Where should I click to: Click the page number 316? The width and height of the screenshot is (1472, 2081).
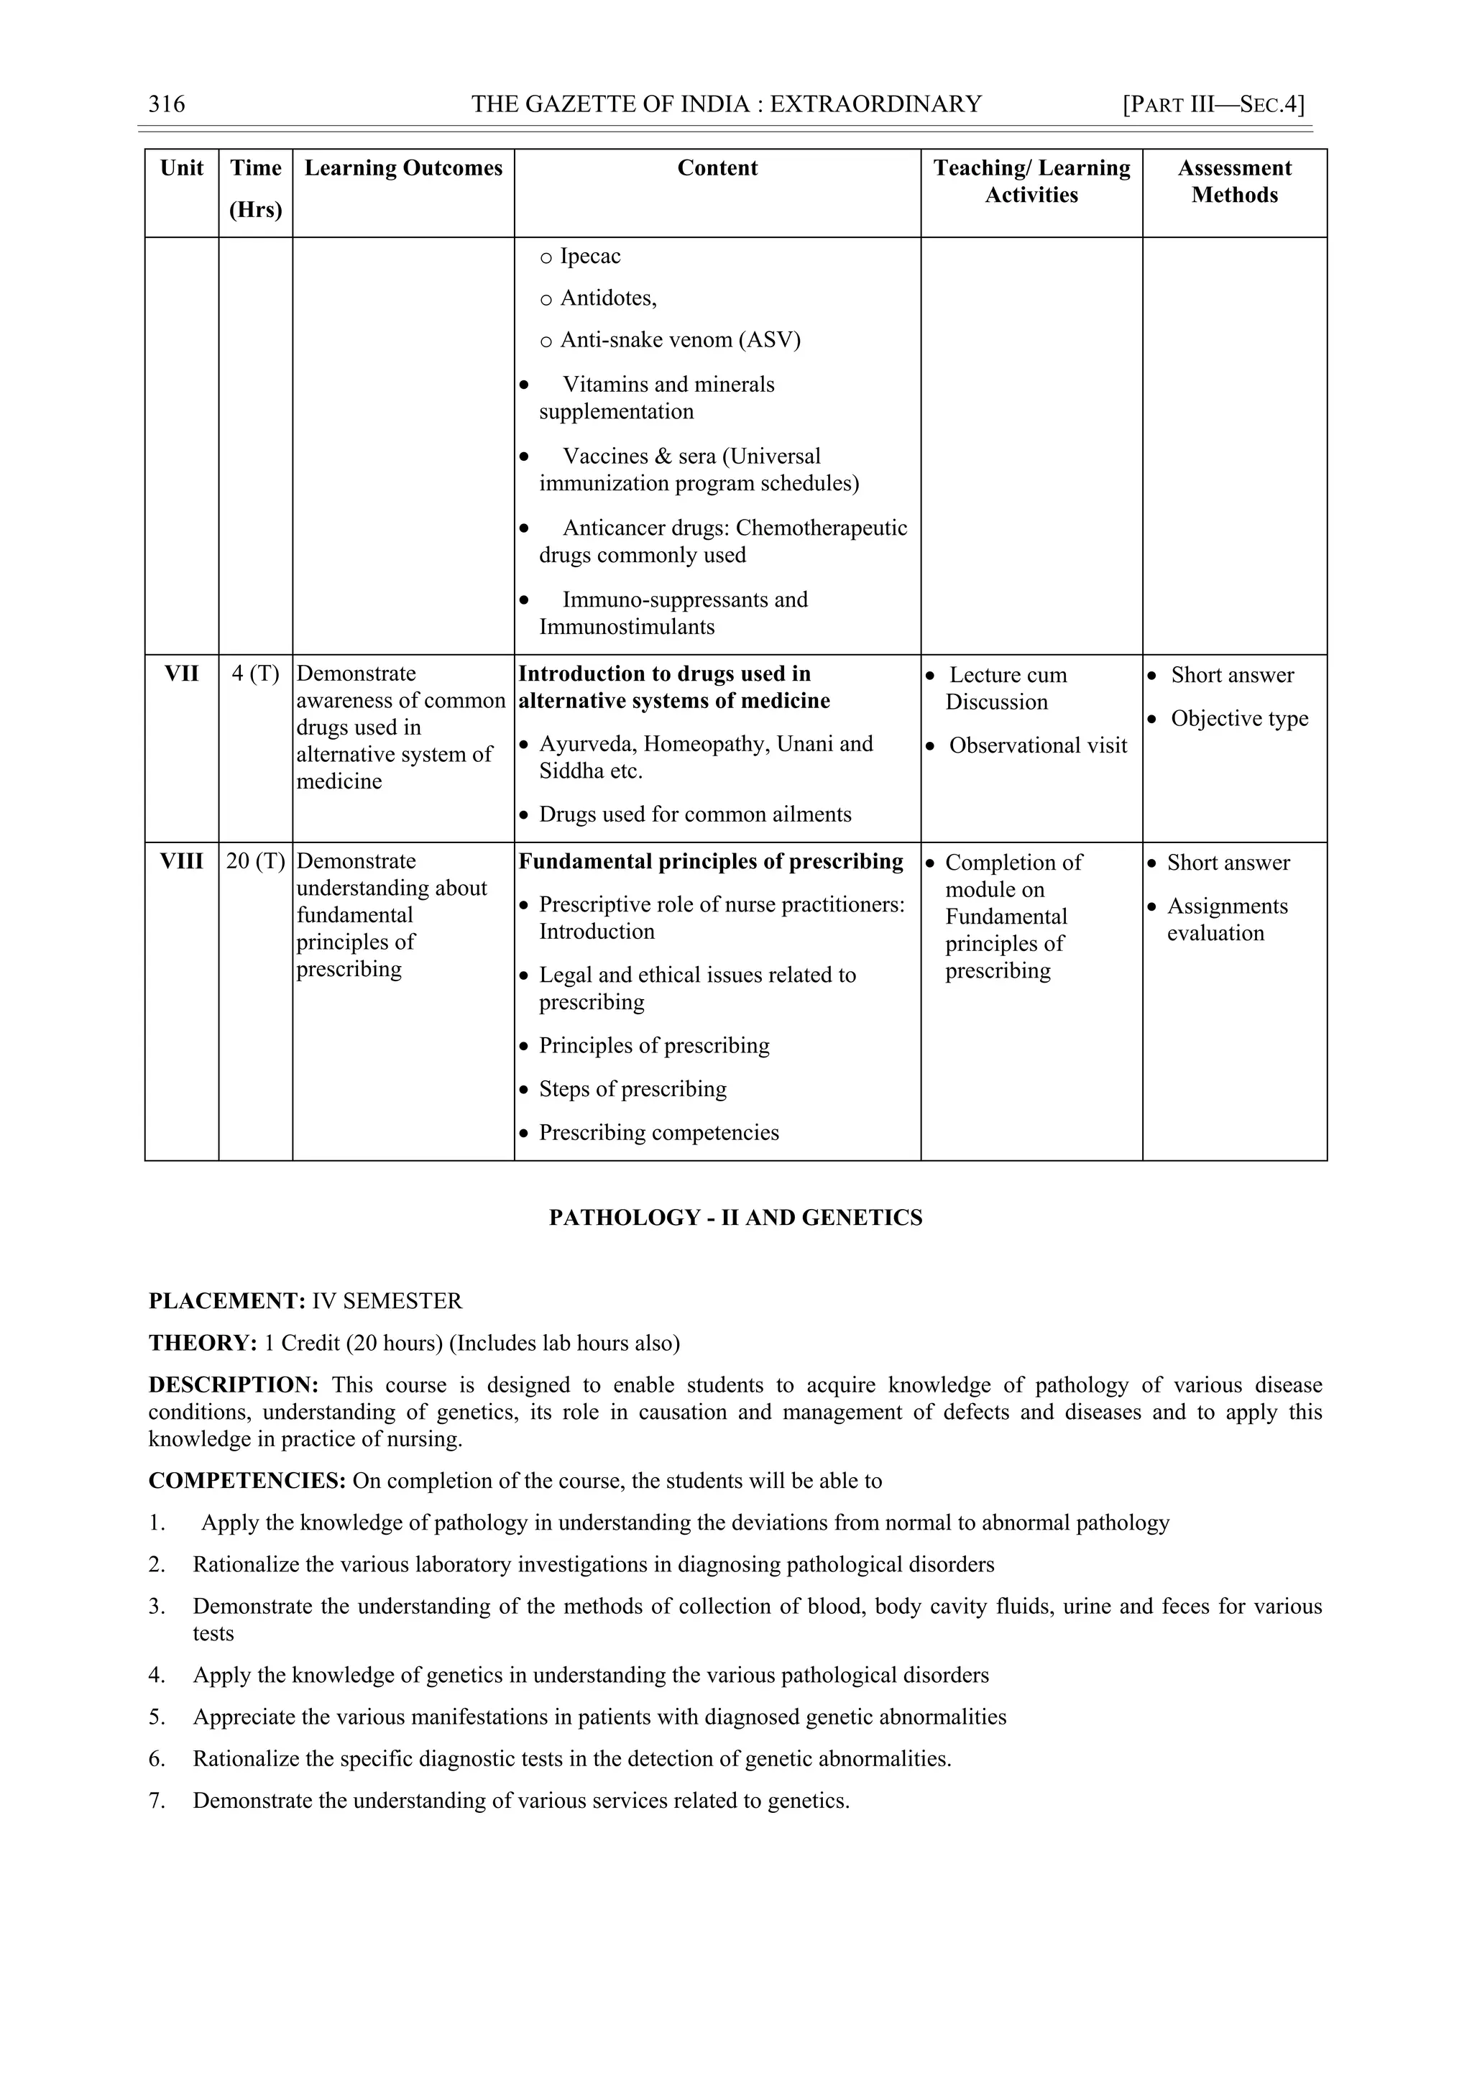pyautogui.click(x=167, y=104)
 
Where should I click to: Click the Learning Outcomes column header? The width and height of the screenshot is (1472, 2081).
pyautogui.click(x=402, y=169)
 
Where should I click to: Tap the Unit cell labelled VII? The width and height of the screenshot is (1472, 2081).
pyautogui.click(x=181, y=674)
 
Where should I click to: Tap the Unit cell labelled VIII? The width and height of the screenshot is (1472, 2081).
pyautogui.click(x=181, y=862)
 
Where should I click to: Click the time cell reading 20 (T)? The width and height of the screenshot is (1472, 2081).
pyautogui.click(x=256, y=862)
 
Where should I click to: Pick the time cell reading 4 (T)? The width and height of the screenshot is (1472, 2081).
pyautogui.click(x=256, y=674)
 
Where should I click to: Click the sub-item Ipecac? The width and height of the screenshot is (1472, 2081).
pyautogui.click(x=589, y=257)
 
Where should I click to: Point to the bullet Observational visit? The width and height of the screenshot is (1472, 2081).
pyautogui.click(x=1037, y=746)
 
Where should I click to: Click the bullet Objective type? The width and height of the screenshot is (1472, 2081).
pyautogui.click(x=1238, y=719)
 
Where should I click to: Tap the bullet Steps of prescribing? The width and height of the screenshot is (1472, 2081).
pyautogui.click(x=632, y=1090)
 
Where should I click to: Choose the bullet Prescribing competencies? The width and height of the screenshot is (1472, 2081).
pyautogui.click(x=658, y=1133)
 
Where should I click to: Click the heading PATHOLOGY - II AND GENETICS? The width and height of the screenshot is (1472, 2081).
pyautogui.click(x=735, y=1218)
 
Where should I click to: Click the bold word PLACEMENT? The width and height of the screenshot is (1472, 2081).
pyautogui.click(x=226, y=1302)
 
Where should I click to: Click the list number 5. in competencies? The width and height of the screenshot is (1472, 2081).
pyautogui.click(x=157, y=1717)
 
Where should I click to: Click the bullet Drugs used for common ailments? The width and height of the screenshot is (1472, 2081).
pyautogui.click(x=694, y=815)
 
